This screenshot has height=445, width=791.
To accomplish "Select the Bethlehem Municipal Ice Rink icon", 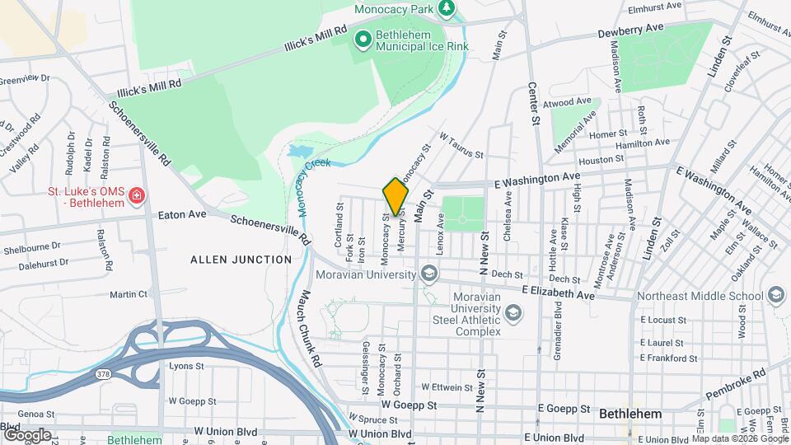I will [362, 39].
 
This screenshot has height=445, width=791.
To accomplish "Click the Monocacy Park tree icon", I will [447, 8].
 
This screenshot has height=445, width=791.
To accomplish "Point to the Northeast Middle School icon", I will [775, 295].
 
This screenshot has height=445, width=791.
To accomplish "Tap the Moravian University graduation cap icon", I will [428, 273].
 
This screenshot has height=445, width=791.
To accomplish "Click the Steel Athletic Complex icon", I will [513, 312].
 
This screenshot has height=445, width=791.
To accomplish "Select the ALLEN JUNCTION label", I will [241, 260].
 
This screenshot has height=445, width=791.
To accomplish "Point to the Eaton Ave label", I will [182, 214].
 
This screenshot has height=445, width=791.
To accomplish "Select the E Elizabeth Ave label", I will [558, 293].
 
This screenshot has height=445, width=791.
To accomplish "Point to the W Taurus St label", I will [461, 147].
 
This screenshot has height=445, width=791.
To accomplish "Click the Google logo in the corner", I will [27, 433].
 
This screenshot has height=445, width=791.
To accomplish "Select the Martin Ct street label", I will [129, 293].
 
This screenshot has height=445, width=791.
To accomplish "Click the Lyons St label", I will [186, 365].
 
